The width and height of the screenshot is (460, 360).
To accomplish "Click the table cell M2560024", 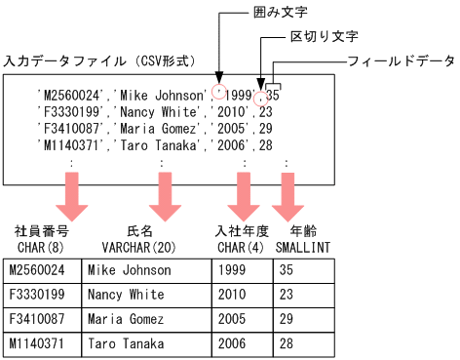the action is coord(36,270).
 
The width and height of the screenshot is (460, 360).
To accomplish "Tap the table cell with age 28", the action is coord(287,343).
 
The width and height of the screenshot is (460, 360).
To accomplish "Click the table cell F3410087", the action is coord(36,319).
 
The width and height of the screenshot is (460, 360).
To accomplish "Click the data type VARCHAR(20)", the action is coord(139,248).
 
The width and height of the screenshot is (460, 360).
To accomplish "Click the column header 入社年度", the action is coord(241,232).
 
